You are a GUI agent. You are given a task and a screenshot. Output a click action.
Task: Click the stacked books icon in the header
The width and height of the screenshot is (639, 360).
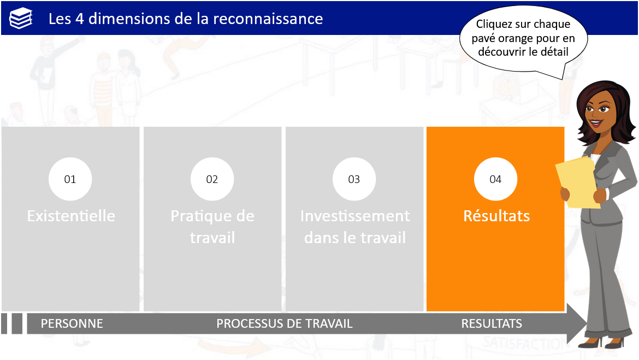(x=21, y=19)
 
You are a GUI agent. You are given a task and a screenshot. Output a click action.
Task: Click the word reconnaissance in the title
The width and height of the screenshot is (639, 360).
(x=268, y=19)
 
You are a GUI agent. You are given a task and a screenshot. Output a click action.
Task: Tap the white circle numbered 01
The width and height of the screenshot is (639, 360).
(x=70, y=179)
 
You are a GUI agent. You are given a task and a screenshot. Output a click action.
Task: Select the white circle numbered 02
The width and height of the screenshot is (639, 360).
(x=212, y=179)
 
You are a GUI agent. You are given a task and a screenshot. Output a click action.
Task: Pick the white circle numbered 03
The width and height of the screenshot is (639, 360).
(x=354, y=179)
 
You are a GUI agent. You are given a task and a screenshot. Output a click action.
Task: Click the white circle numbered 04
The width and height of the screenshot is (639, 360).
(x=495, y=179)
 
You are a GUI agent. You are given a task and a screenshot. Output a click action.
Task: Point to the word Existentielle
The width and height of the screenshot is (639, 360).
(x=71, y=216)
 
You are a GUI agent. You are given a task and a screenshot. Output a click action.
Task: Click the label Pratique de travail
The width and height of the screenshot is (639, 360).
(x=212, y=227)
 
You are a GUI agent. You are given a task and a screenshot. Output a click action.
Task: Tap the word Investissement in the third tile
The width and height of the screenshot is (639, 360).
(x=355, y=216)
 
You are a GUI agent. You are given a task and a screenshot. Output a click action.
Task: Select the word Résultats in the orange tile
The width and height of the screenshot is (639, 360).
(x=496, y=216)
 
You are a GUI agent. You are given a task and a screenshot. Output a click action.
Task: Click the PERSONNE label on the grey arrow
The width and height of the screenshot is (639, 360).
(x=72, y=324)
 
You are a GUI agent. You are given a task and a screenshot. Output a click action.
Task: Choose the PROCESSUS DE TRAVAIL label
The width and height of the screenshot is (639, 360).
(x=285, y=324)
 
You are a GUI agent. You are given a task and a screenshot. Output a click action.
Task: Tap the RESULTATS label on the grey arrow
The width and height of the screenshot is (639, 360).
(x=492, y=324)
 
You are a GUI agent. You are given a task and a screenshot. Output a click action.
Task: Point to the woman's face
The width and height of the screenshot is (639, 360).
(x=599, y=110)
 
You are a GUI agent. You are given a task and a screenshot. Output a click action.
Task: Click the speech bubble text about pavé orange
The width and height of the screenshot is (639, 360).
(x=523, y=38)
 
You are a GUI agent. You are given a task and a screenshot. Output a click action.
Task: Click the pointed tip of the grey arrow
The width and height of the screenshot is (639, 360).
(x=587, y=324)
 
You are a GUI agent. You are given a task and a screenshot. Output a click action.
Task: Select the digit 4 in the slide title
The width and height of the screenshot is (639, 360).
(x=80, y=19)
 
